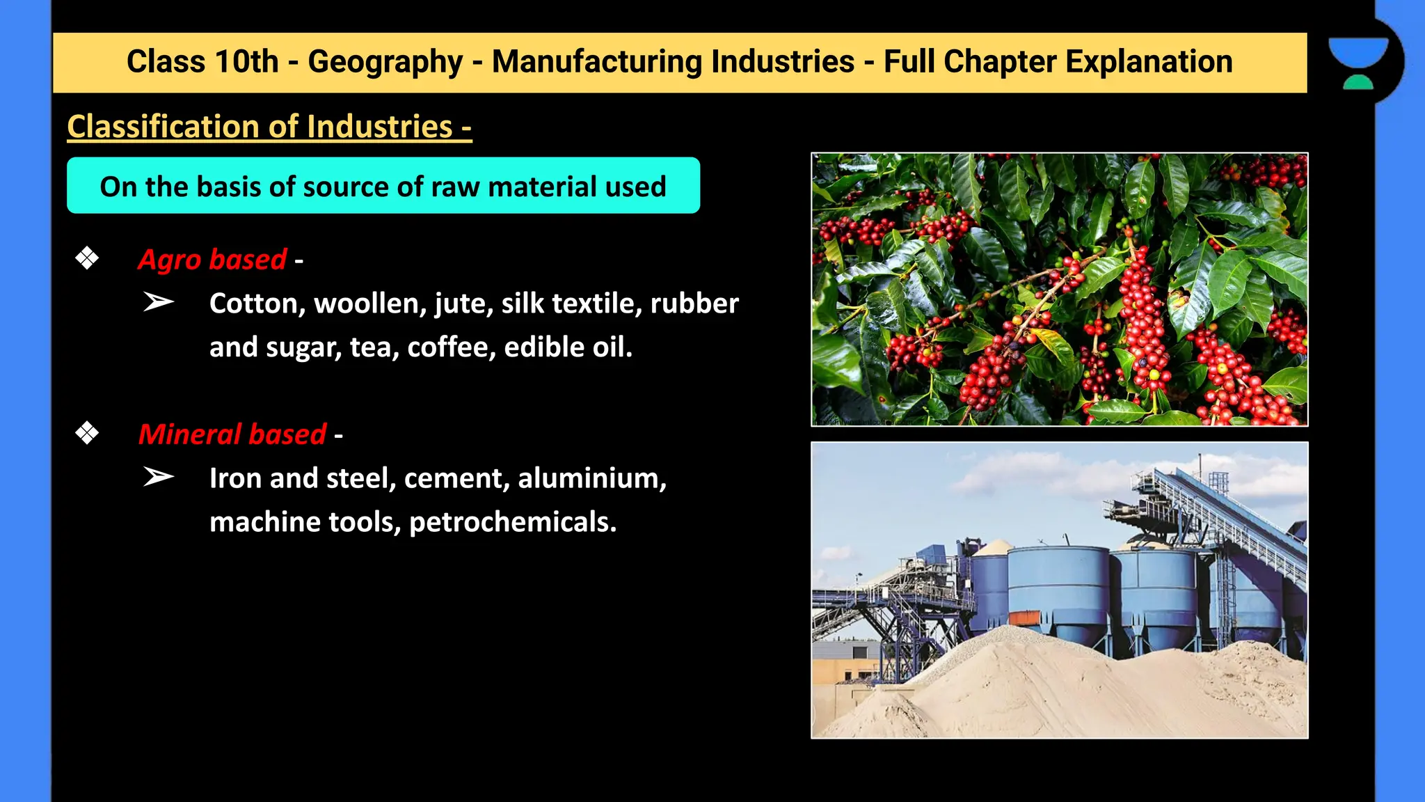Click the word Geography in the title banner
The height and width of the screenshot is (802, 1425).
[385, 62]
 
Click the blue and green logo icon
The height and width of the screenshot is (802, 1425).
[1358, 63]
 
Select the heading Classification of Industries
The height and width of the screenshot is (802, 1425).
[269, 127]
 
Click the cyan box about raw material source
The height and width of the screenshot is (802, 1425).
[383, 186]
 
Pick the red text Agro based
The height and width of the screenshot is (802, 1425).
[212, 260]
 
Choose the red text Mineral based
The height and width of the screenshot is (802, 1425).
[232, 434]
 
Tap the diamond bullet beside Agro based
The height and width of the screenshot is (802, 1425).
[87, 259]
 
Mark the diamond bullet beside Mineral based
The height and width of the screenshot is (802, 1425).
[87, 434]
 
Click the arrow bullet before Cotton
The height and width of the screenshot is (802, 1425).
[159, 302]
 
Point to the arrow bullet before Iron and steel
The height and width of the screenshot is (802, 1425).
[159, 477]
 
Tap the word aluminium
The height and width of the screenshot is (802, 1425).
[591, 478]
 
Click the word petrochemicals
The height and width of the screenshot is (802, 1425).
[512, 523]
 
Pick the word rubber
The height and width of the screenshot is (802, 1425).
[694, 304]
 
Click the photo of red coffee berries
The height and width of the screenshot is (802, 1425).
[1059, 289]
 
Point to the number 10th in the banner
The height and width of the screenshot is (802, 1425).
[246, 62]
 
